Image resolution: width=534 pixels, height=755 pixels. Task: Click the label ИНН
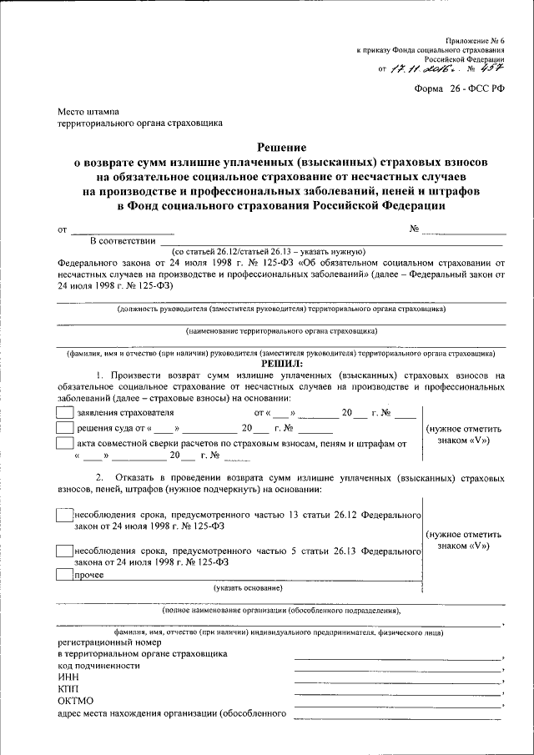click(x=68, y=679)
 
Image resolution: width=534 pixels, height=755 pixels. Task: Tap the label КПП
click(x=68, y=691)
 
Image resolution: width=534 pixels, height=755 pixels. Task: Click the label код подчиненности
click(x=98, y=667)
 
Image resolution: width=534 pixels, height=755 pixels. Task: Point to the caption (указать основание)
click(x=247, y=588)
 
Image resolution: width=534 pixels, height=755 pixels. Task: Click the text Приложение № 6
click(x=475, y=38)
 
